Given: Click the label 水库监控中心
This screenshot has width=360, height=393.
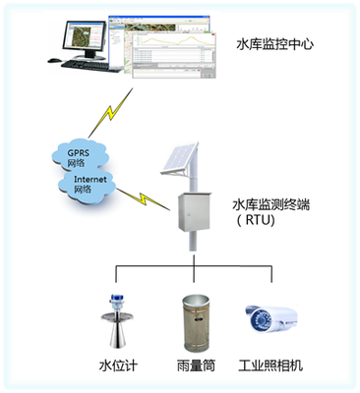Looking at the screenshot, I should (x=275, y=45).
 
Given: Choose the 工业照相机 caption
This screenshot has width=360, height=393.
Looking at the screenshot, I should (x=270, y=365).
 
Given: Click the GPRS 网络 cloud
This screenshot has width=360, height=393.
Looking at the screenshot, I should (x=79, y=157).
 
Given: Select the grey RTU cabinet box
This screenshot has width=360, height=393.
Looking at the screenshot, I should (x=194, y=213).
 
